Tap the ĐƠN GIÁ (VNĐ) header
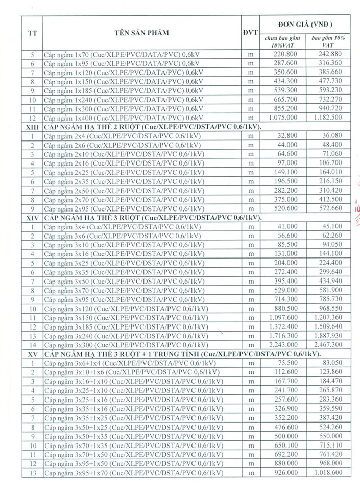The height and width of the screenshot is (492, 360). pyautogui.click(x=305, y=24)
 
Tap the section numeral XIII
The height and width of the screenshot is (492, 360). pyautogui.click(x=32, y=127)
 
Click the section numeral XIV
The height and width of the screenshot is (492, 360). pyautogui.click(x=32, y=217)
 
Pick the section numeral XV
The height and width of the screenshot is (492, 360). pyautogui.click(x=32, y=353)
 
